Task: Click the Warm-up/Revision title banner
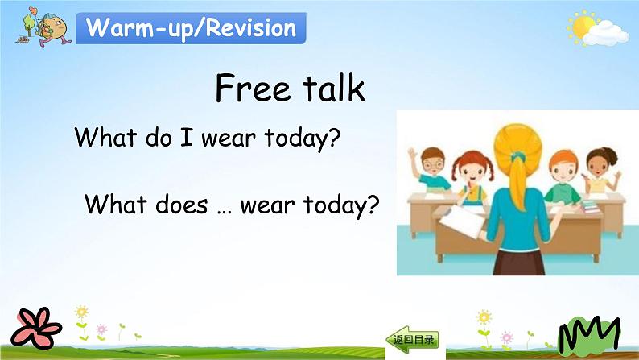(191, 28)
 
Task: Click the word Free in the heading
(253, 88)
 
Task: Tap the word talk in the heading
(333, 87)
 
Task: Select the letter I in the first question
(186, 137)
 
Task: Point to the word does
(182, 204)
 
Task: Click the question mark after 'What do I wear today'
(333, 138)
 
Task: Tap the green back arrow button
(412, 339)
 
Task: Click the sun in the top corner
(583, 27)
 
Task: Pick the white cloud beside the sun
(605, 34)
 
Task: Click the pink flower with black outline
(36, 328)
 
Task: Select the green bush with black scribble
(589, 334)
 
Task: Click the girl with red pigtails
(472, 176)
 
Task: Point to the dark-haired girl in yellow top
(600, 171)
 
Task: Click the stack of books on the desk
(591, 206)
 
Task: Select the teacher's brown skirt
(519, 263)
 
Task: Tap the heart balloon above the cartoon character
(33, 10)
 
